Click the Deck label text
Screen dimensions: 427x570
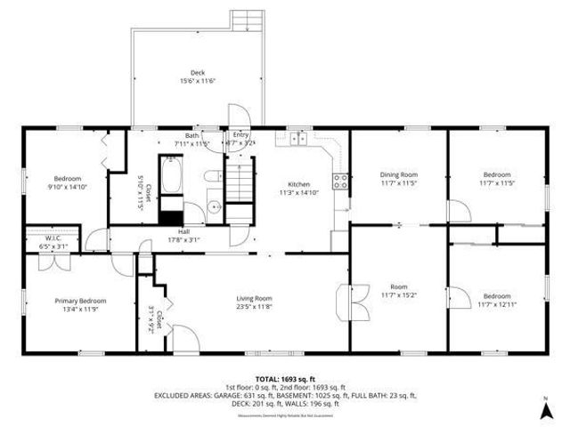tap(197, 73)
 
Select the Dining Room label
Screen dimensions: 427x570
tap(398, 174)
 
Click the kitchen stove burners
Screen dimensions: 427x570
tap(340, 181)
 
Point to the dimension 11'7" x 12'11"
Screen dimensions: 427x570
tap(496, 304)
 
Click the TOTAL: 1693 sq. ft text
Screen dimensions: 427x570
tap(286, 380)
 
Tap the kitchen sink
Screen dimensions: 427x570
tap(297, 139)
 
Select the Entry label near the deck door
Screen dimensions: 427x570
tap(240, 135)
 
